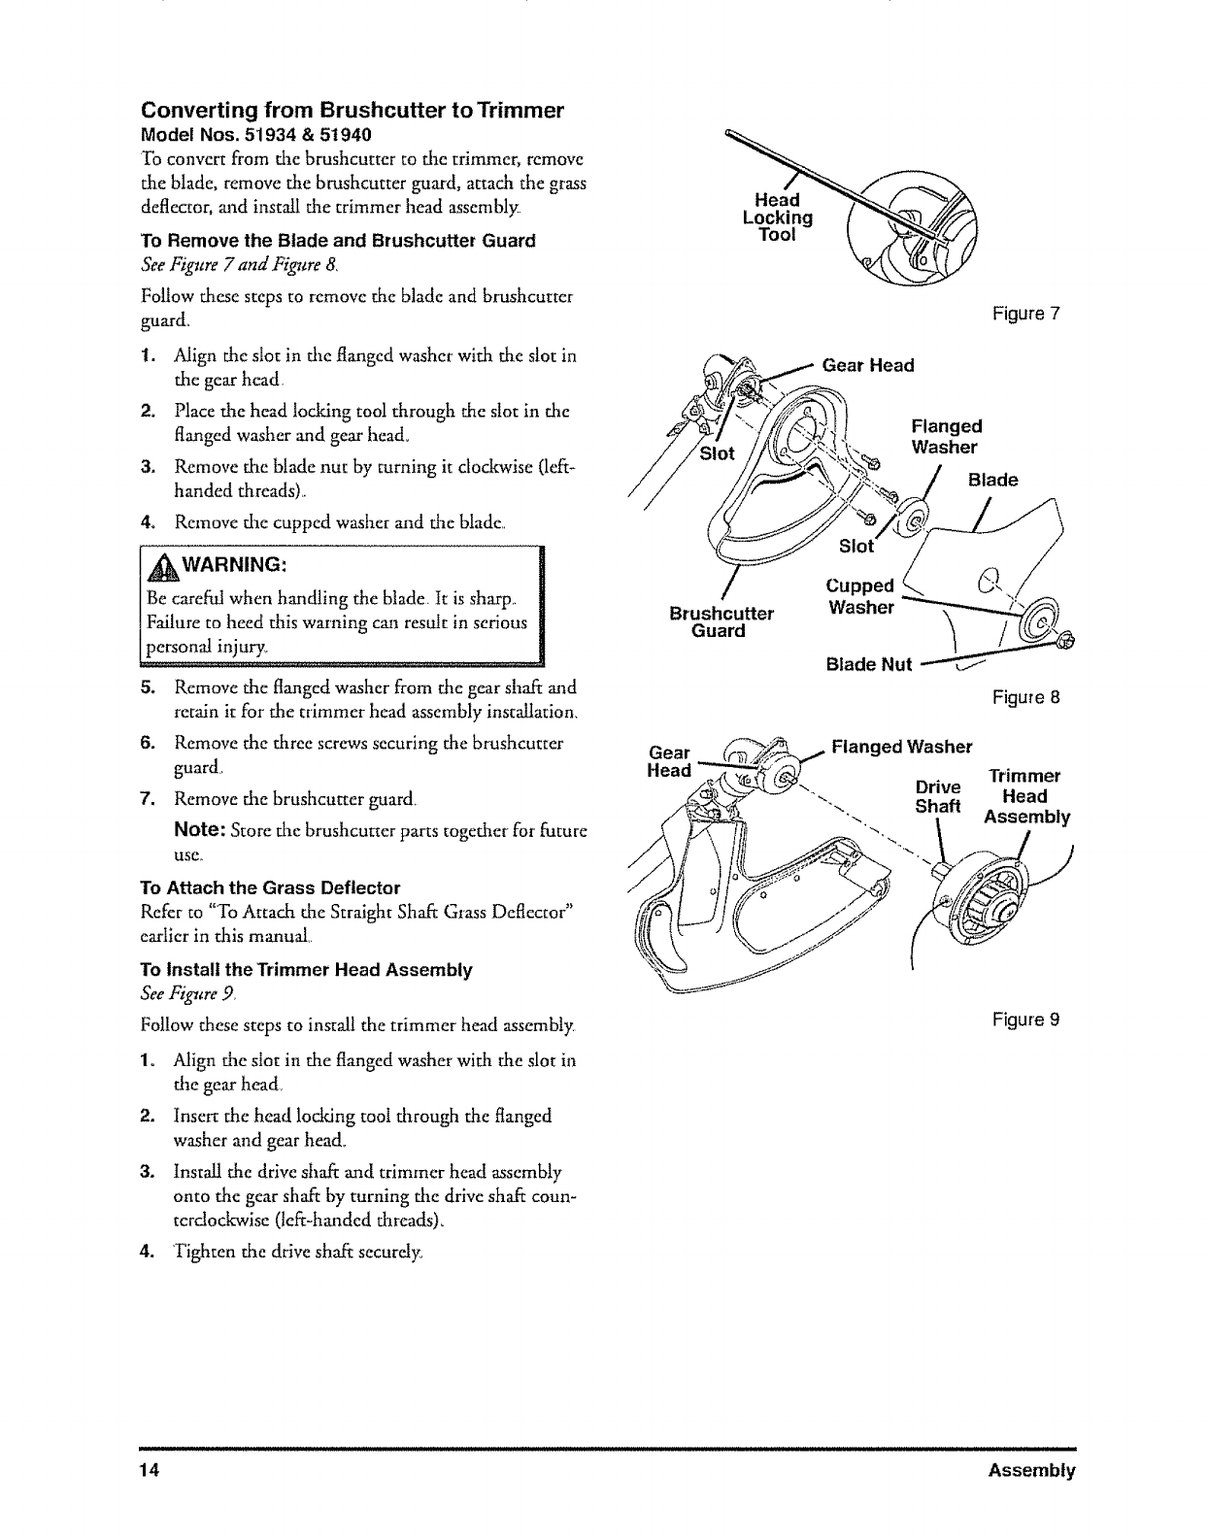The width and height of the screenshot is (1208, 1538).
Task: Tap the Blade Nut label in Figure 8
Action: pos(868,664)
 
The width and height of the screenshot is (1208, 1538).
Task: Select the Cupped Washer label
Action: pos(859,597)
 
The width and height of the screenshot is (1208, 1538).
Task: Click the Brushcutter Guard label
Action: pos(721,621)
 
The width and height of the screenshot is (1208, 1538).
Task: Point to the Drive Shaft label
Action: pos(938,796)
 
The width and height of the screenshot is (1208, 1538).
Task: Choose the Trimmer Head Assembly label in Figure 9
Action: pos(1026,796)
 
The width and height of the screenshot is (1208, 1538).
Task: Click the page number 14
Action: pos(148,1470)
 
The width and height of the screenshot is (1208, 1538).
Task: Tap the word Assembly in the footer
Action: pos(1031,1470)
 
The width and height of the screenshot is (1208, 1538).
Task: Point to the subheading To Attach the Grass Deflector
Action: pos(270,887)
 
